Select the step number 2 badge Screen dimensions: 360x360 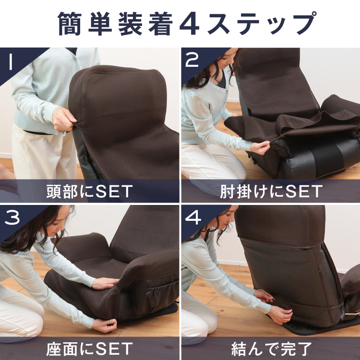192,60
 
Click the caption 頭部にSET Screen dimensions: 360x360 89,192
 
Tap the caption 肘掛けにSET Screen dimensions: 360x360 271,192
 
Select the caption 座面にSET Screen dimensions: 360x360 89,347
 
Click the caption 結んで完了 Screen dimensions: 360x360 271,347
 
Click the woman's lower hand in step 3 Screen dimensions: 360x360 104,325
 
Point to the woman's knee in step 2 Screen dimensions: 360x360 230,168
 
